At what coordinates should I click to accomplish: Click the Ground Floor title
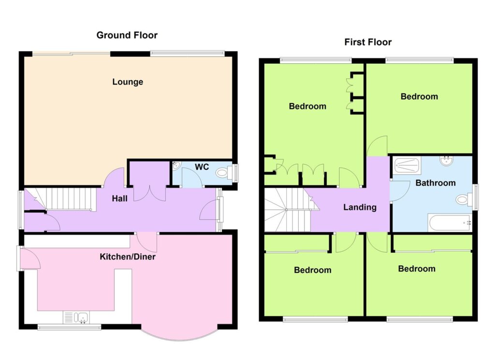click(x=127, y=35)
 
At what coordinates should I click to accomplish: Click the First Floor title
click(x=368, y=42)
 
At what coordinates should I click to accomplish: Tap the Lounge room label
click(x=128, y=82)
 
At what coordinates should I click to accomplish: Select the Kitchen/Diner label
click(x=128, y=257)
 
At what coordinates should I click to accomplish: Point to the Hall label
click(x=120, y=199)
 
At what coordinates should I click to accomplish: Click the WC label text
click(x=202, y=167)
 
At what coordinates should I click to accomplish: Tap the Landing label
click(x=360, y=207)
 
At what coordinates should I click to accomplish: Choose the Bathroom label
click(x=436, y=183)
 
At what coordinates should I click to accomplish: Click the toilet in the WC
click(x=224, y=173)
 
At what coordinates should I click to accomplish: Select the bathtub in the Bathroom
click(x=450, y=223)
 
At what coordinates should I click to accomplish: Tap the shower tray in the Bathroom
click(x=407, y=165)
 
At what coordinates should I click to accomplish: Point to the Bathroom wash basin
click(x=446, y=160)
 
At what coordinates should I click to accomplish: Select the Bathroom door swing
click(x=400, y=190)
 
